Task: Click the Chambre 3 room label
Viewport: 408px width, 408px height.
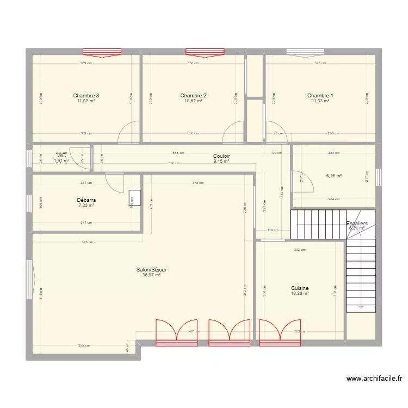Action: tap(86, 96)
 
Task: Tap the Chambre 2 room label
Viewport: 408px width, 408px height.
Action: tap(193, 96)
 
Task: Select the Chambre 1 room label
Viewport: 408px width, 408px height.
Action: tap(320, 96)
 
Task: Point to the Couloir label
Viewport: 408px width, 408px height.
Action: tap(221, 156)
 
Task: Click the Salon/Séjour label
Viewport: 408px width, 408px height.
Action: tap(151, 270)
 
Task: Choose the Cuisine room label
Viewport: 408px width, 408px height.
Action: tap(300, 288)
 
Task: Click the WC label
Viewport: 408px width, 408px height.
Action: tap(61, 156)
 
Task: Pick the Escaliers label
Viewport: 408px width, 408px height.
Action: tap(357, 224)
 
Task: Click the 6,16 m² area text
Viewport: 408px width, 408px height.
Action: tap(333, 176)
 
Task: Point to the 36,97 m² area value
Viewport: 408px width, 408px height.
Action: tap(151, 275)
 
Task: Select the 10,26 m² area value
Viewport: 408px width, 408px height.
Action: tap(300, 294)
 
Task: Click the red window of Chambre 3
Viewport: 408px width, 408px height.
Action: tap(101, 52)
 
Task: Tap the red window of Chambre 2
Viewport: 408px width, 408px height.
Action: tap(205, 52)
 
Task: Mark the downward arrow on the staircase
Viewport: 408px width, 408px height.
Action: tap(361, 307)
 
